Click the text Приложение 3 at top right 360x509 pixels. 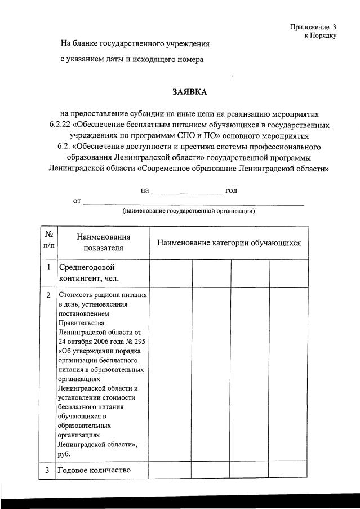click(313, 26)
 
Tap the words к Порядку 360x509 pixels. click(320, 35)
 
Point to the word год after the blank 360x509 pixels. click(231, 191)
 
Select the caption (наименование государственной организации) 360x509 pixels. click(189, 211)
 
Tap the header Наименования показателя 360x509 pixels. click(103, 242)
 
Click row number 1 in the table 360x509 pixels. click(48, 267)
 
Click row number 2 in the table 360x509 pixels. click(48, 295)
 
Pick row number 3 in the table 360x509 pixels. click(48, 470)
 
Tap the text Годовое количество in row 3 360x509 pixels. click(94, 470)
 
